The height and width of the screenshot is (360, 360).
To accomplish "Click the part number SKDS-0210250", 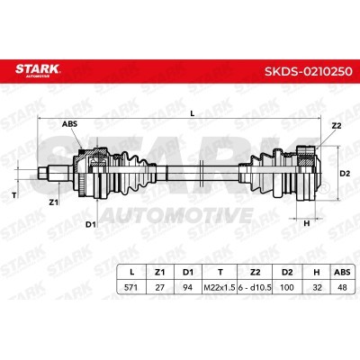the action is point(309,71).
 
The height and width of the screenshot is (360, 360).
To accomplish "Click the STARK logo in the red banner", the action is point(38,70).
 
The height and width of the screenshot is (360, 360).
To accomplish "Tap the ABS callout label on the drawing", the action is point(69,123).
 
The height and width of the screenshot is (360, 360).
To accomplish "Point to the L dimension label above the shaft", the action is point(193,113).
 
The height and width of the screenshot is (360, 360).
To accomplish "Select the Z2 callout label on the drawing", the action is point(337,126).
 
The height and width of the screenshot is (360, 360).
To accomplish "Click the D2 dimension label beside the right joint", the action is point(345,174).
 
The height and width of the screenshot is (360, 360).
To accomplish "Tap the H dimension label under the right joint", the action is point(307,223).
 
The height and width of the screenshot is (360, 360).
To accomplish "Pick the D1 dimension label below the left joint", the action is point(90,224).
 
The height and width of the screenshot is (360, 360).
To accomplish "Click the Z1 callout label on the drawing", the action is point(53,202).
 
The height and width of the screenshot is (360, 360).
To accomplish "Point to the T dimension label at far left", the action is point(13,195).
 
